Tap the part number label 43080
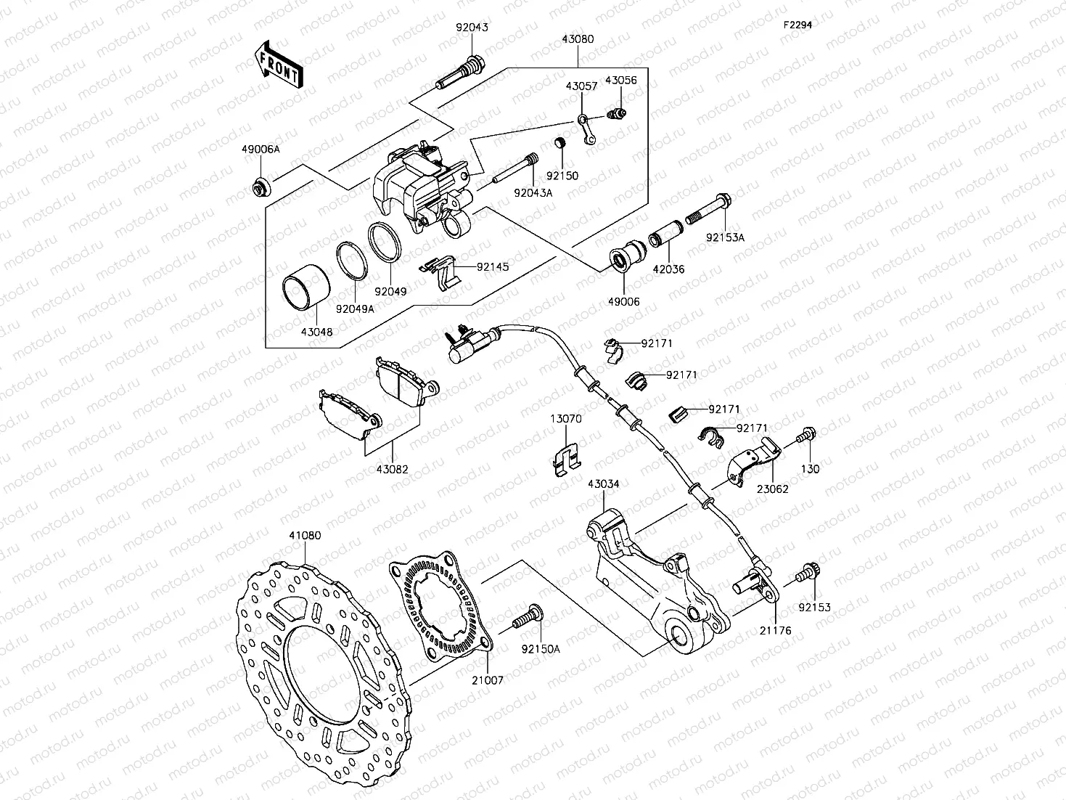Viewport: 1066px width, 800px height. pos(577,40)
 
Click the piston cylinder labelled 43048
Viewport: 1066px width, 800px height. pos(306,289)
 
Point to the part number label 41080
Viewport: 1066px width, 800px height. pos(305,536)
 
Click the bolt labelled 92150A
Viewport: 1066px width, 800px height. pos(527,619)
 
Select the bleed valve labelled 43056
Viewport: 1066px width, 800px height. pos(617,114)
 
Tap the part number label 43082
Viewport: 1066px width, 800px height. pos(392,469)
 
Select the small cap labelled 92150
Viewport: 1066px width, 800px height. pos(559,142)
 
